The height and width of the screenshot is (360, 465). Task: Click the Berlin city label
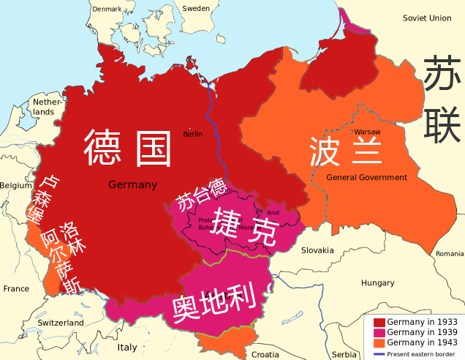click(x=193, y=134)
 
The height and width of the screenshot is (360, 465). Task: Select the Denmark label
click(x=107, y=8)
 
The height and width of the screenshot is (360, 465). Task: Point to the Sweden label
click(x=195, y=8)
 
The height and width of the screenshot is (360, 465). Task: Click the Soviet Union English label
click(x=427, y=18)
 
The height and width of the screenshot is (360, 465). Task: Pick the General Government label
click(x=366, y=178)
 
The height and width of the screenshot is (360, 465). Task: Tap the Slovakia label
click(x=317, y=250)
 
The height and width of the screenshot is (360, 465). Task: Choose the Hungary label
click(x=377, y=282)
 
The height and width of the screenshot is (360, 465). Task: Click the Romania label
click(x=450, y=253)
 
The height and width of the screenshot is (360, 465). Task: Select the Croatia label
click(x=265, y=354)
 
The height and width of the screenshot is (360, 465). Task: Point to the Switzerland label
click(x=61, y=323)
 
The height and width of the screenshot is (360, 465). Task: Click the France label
click(x=16, y=289)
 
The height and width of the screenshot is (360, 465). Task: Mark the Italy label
click(x=127, y=347)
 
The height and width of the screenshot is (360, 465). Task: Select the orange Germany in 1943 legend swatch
click(x=379, y=342)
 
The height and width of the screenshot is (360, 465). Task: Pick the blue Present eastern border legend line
click(x=379, y=353)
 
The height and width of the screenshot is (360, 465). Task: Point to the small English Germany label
click(x=132, y=184)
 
